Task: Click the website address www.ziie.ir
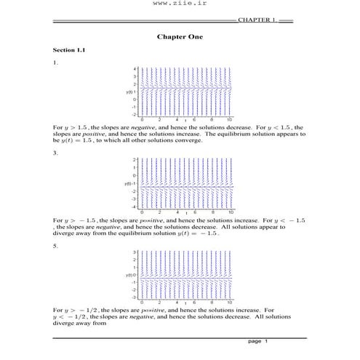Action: (179, 7)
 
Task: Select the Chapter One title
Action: (179, 36)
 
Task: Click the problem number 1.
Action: (55, 63)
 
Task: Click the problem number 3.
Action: (55, 153)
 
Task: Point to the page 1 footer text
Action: (258, 341)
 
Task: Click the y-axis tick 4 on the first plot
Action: (135, 68)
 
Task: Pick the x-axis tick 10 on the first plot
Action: (229, 119)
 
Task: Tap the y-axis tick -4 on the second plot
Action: (134, 207)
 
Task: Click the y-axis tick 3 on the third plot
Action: (135, 252)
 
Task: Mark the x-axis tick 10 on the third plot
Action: (229, 302)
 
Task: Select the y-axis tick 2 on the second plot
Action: (135, 159)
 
